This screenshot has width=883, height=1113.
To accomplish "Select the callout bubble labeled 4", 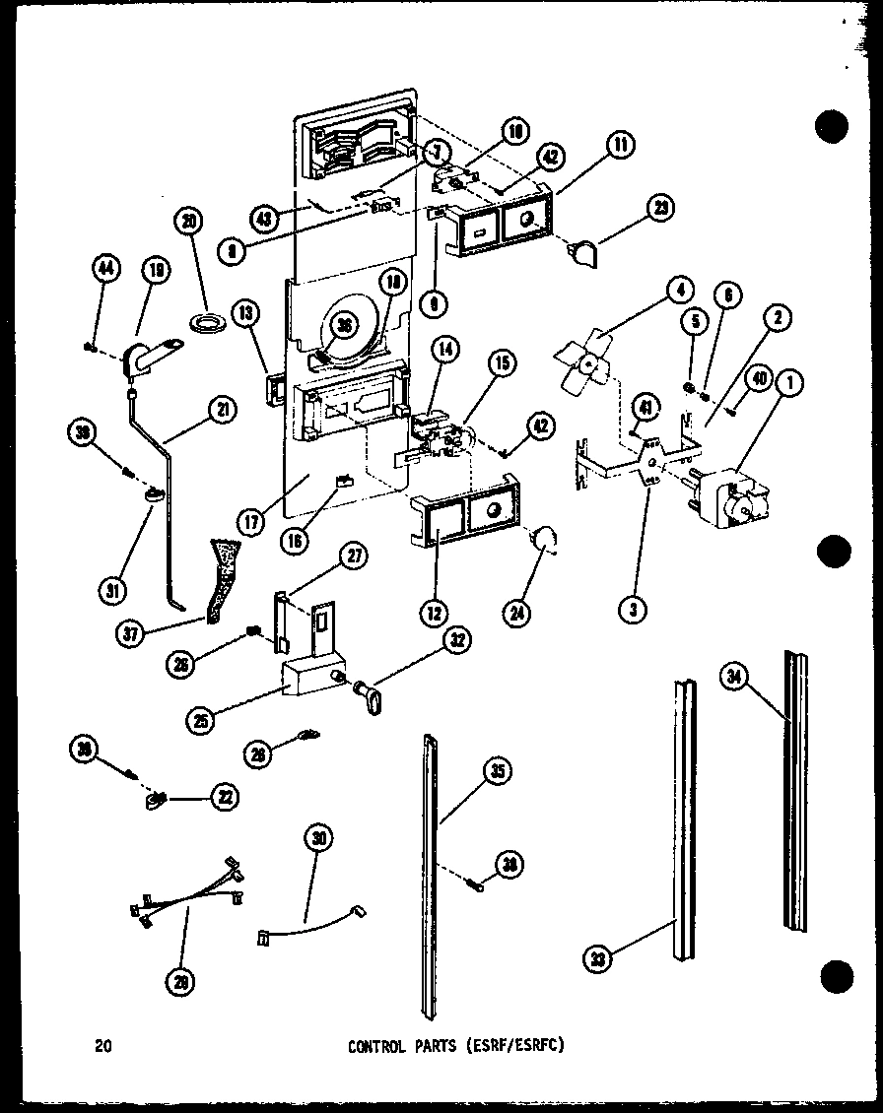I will point(678,291).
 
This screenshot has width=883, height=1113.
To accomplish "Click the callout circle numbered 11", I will point(620,145).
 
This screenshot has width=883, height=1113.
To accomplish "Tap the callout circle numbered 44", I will point(105,267).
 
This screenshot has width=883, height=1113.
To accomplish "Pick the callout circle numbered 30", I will point(317,839).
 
